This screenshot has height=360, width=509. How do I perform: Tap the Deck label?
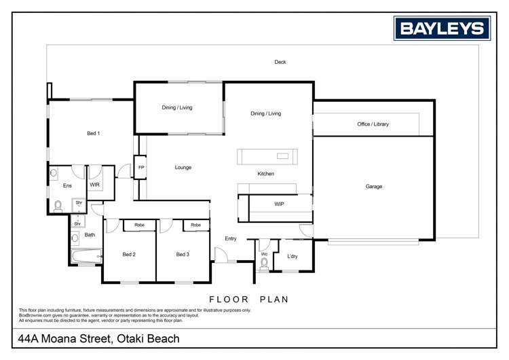tap(280, 62)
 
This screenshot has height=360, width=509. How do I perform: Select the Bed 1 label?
tap(94, 133)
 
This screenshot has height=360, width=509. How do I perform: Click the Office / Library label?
tap(373, 124)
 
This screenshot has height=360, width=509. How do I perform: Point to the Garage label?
tap(374, 186)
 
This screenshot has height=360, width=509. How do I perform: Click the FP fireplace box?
tap(141, 167)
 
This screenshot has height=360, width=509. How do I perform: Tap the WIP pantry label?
tap(279, 204)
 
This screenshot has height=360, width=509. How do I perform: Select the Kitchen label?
tap(265, 174)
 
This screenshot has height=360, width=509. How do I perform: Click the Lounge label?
tap(183, 167)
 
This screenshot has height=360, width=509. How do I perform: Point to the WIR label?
tap(95, 185)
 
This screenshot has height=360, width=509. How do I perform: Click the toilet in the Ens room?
tap(58, 205)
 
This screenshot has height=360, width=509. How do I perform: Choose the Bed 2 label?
tap(129, 255)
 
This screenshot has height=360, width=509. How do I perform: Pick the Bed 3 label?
tap(183, 255)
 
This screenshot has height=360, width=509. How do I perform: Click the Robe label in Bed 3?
tap(195, 225)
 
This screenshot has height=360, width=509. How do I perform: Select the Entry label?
tap(231, 238)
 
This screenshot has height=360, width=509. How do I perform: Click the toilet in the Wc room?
tap(264, 264)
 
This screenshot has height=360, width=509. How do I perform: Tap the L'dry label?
tap(293, 256)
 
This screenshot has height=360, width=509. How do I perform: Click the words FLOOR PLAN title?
tap(249, 299)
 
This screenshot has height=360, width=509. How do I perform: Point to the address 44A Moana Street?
tap(99, 338)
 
